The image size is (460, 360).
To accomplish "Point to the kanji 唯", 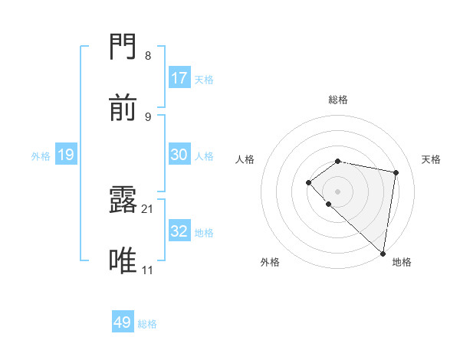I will (123, 261).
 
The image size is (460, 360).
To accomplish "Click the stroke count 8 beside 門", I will (148, 55).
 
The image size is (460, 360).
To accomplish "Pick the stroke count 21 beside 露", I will (148, 208).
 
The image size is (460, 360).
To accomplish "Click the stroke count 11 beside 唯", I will (148, 270).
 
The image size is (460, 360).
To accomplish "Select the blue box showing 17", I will (179, 78).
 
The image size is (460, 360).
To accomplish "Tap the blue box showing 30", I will (179, 155).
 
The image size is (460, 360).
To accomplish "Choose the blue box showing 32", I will (179, 231).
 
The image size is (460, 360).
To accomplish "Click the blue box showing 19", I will (66, 155).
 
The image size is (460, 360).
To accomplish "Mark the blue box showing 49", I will (123, 322).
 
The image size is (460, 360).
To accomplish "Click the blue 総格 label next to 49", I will (147, 324).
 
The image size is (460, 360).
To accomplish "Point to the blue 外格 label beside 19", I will (41, 156).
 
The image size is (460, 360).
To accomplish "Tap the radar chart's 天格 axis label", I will (431, 159).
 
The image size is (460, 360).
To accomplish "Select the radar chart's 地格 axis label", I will (402, 262).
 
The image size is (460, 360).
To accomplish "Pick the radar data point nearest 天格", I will (396, 172).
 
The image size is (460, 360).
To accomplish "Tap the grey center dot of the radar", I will (337, 191).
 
